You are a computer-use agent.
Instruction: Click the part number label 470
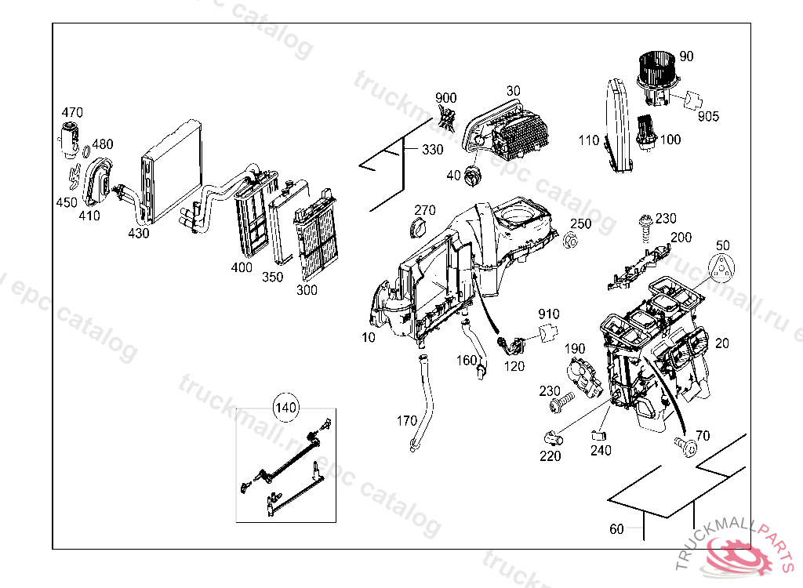pyautogui.click(x=72, y=113)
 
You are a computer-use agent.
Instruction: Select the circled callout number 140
pyautogui.click(x=285, y=408)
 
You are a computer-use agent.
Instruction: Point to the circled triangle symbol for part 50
pyautogui.click(x=722, y=267)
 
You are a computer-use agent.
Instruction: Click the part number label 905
pyautogui.click(x=708, y=116)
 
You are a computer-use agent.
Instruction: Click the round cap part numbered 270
pyautogui.click(x=416, y=227)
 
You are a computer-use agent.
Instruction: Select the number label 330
pyautogui.click(x=432, y=150)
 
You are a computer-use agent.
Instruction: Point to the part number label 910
pyautogui.click(x=549, y=314)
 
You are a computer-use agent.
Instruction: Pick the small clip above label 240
pyautogui.click(x=599, y=433)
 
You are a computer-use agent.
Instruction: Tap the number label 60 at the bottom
pyautogui.click(x=616, y=529)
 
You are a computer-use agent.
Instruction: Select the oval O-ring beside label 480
pyautogui.click(x=85, y=151)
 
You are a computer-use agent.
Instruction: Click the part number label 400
pyautogui.click(x=242, y=267)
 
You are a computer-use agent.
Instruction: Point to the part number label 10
pyautogui.click(x=369, y=337)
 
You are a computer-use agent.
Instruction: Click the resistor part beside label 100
pyautogui.click(x=647, y=129)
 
